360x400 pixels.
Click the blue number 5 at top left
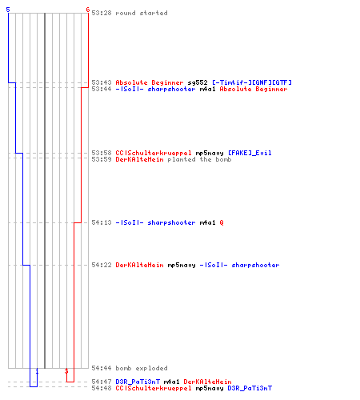click(x=8, y=10)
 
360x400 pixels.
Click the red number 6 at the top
click(x=88, y=10)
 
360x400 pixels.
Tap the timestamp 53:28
click(x=102, y=13)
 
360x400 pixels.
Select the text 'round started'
click(x=142, y=13)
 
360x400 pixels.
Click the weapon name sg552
click(x=198, y=82)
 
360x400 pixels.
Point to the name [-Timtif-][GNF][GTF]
click(x=252, y=82)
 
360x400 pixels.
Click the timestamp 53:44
click(x=102, y=89)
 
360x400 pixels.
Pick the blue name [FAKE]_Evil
click(x=250, y=153)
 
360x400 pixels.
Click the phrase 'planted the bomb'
click(x=199, y=159)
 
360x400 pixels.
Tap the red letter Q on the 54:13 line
click(x=222, y=222)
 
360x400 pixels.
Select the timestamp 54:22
click(x=102, y=265)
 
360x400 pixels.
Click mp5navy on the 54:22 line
click(x=182, y=265)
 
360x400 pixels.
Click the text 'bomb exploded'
click(x=142, y=368)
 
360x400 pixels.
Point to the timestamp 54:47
click(x=102, y=382)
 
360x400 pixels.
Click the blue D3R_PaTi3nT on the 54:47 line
click(x=138, y=382)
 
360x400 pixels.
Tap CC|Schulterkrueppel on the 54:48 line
click(x=154, y=388)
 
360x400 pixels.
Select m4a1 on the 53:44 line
click(x=207, y=89)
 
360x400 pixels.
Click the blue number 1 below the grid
click(x=37, y=371)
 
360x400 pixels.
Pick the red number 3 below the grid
click(x=66, y=371)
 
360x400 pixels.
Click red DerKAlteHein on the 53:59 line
click(x=139, y=159)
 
